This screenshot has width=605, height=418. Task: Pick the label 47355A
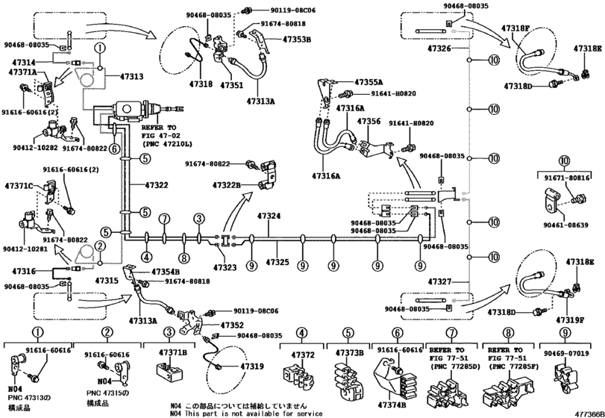[369, 81]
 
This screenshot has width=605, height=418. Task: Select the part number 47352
[232, 325]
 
